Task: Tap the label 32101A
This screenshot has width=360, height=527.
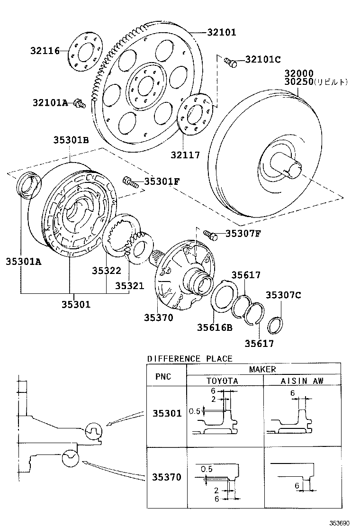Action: tap(51, 102)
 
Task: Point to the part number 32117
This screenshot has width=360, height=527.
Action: tap(186, 155)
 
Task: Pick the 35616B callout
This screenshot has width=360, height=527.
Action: tap(215, 327)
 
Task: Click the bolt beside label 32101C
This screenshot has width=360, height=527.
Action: tap(230, 62)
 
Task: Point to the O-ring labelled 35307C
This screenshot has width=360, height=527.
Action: tap(275, 325)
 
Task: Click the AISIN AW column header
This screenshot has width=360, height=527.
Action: tap(301, 381)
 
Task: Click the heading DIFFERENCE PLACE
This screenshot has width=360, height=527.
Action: tap(189, 358)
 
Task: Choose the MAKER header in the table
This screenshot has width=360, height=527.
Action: tap(262, 369)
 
